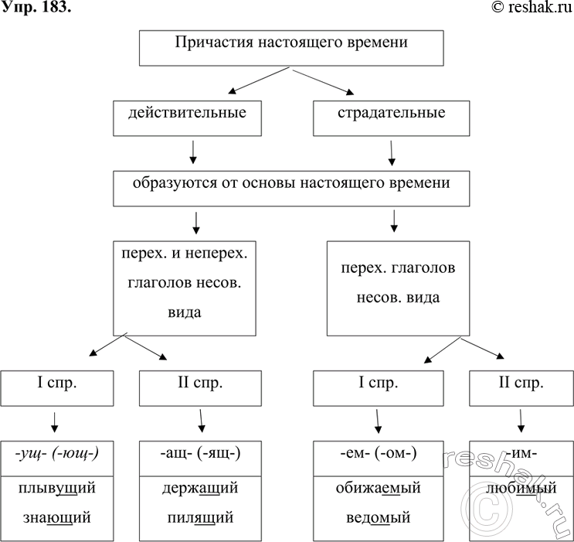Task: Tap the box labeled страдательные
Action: (392, 114)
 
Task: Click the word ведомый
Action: (378, 516)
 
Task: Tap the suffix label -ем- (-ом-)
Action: (378, 454)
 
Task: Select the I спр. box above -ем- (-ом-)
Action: (378, 383)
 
